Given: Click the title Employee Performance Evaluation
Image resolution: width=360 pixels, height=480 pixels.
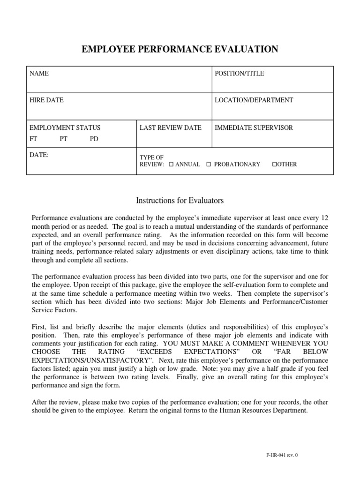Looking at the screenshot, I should [x=180, y=49].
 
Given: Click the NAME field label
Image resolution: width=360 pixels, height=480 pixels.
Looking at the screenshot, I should [x=39, y=74].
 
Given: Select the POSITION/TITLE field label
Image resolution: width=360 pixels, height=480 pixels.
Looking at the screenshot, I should [x=239, y=74].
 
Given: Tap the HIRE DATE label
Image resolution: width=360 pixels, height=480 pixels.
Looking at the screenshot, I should [x=47, y=100].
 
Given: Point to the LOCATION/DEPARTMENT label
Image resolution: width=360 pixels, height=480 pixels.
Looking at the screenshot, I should [x=254, y=100].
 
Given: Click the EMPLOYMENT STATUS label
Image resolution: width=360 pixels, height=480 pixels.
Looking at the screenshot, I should [x=65, y=127].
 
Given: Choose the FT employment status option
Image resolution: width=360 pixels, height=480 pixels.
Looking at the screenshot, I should [x=34, y=139].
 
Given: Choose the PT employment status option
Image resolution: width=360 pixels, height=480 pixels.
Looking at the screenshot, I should [x=64, y=139].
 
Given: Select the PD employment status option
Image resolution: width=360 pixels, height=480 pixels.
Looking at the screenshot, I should [x=94, y=139].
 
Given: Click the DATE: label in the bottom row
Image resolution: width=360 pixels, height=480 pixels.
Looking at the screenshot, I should [x=39, y=155].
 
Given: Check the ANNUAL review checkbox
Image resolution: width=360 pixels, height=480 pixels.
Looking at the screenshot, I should [x=171, y=165].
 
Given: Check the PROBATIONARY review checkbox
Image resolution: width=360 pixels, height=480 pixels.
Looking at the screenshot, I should [x=209, y=165].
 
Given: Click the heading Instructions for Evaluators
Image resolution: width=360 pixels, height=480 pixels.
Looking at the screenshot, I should [x=180, y=201].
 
